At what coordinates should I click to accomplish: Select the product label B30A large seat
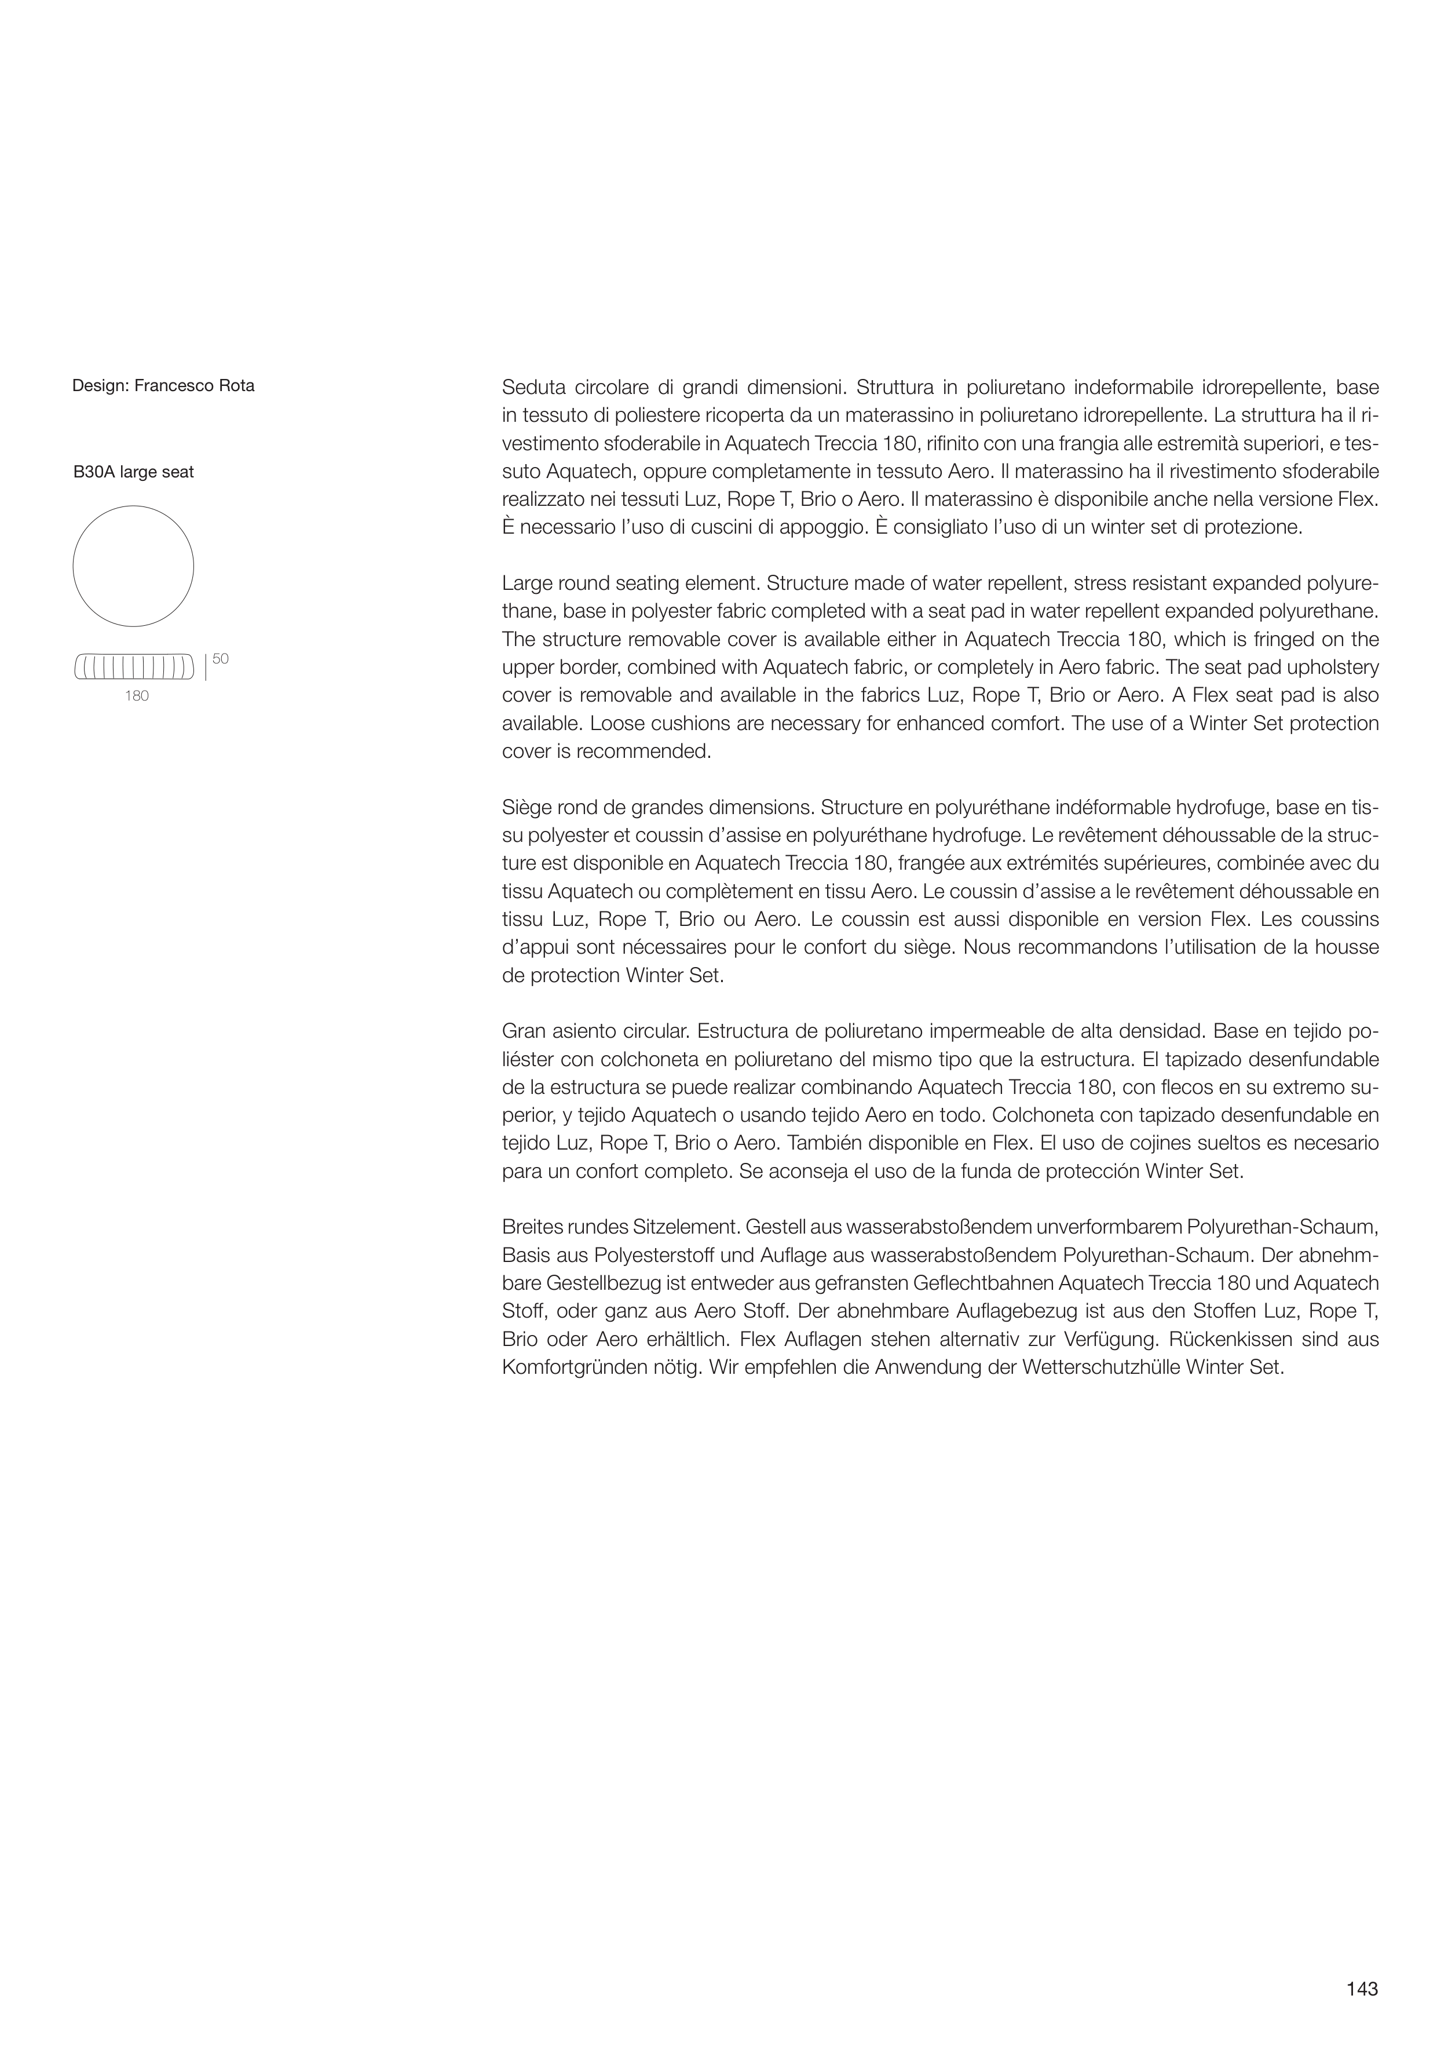pos(133,472)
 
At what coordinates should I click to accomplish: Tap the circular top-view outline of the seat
pos(133,566)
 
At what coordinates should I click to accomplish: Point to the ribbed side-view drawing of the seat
pos(134,667)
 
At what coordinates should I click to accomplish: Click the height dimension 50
pos(221,659)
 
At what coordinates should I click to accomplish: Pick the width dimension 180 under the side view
pos(137,696)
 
